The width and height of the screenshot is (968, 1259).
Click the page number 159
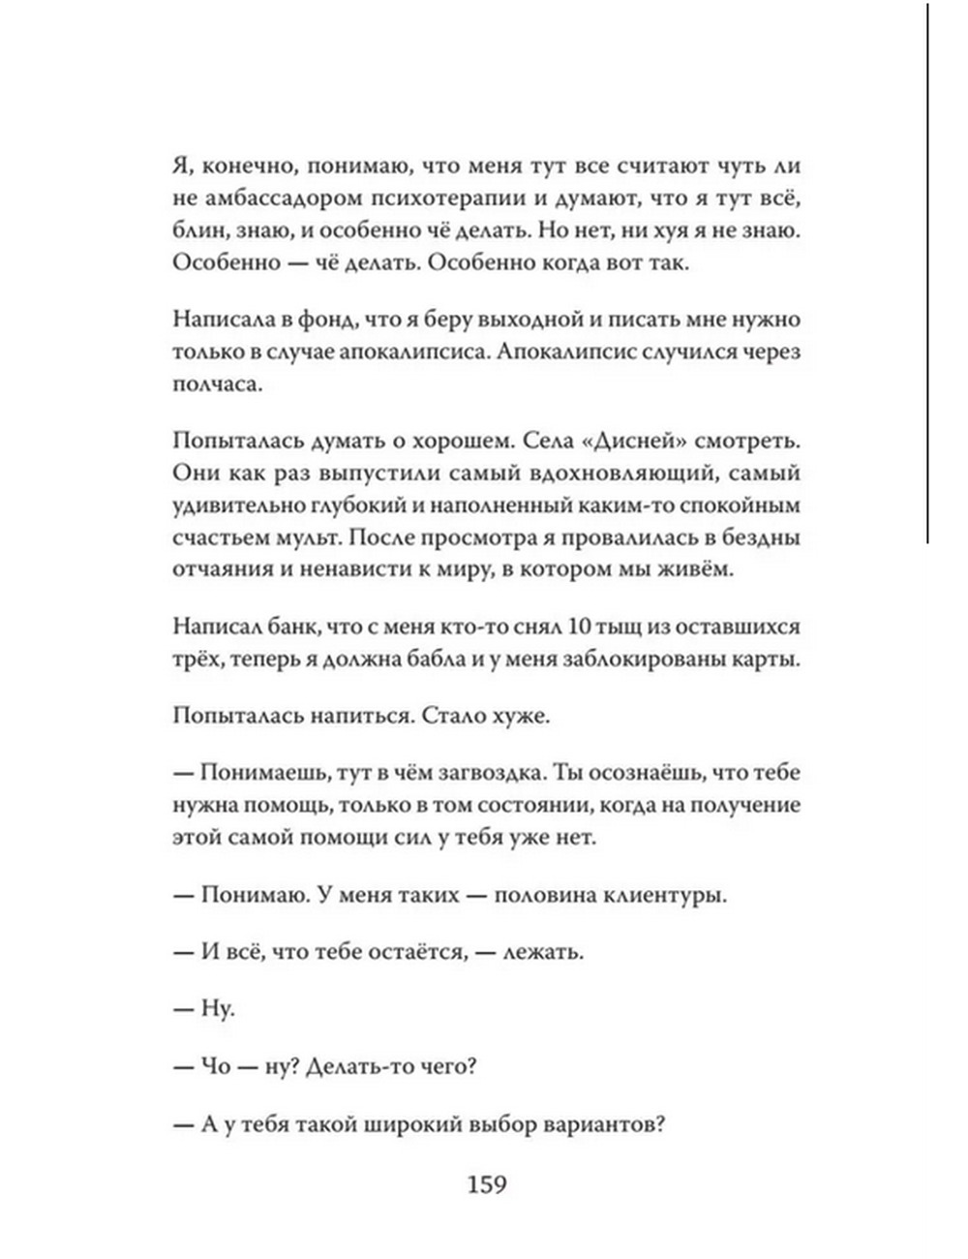tap(487, 1183)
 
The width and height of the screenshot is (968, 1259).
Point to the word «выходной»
tap(530, 320)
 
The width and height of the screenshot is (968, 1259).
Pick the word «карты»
tap(765, 660)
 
